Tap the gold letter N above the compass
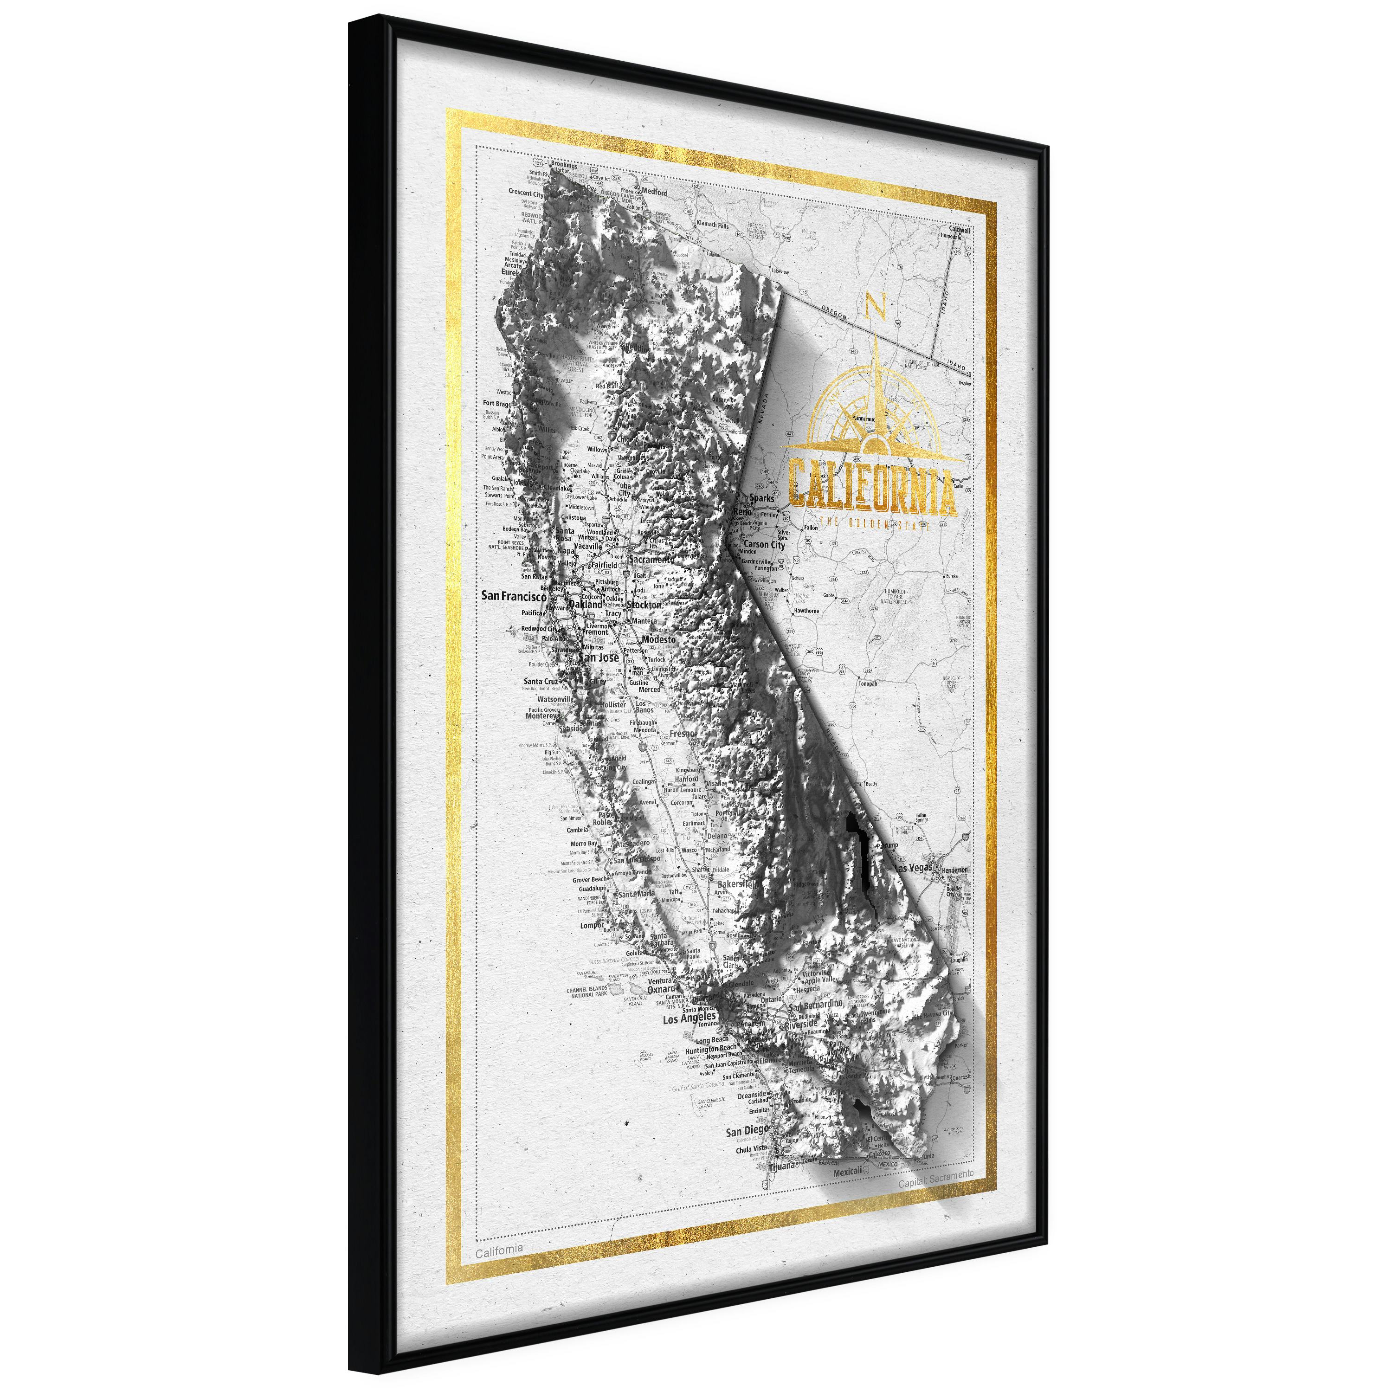click(875, 306)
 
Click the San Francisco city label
click(514, 596)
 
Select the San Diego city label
click(747, 1130)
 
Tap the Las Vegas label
click(914, 869)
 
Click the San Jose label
click(599, 657)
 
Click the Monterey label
click(541, 716)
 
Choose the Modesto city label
click(658, 639)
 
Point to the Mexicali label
click(847, 1172)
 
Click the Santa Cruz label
click(541, 681)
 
